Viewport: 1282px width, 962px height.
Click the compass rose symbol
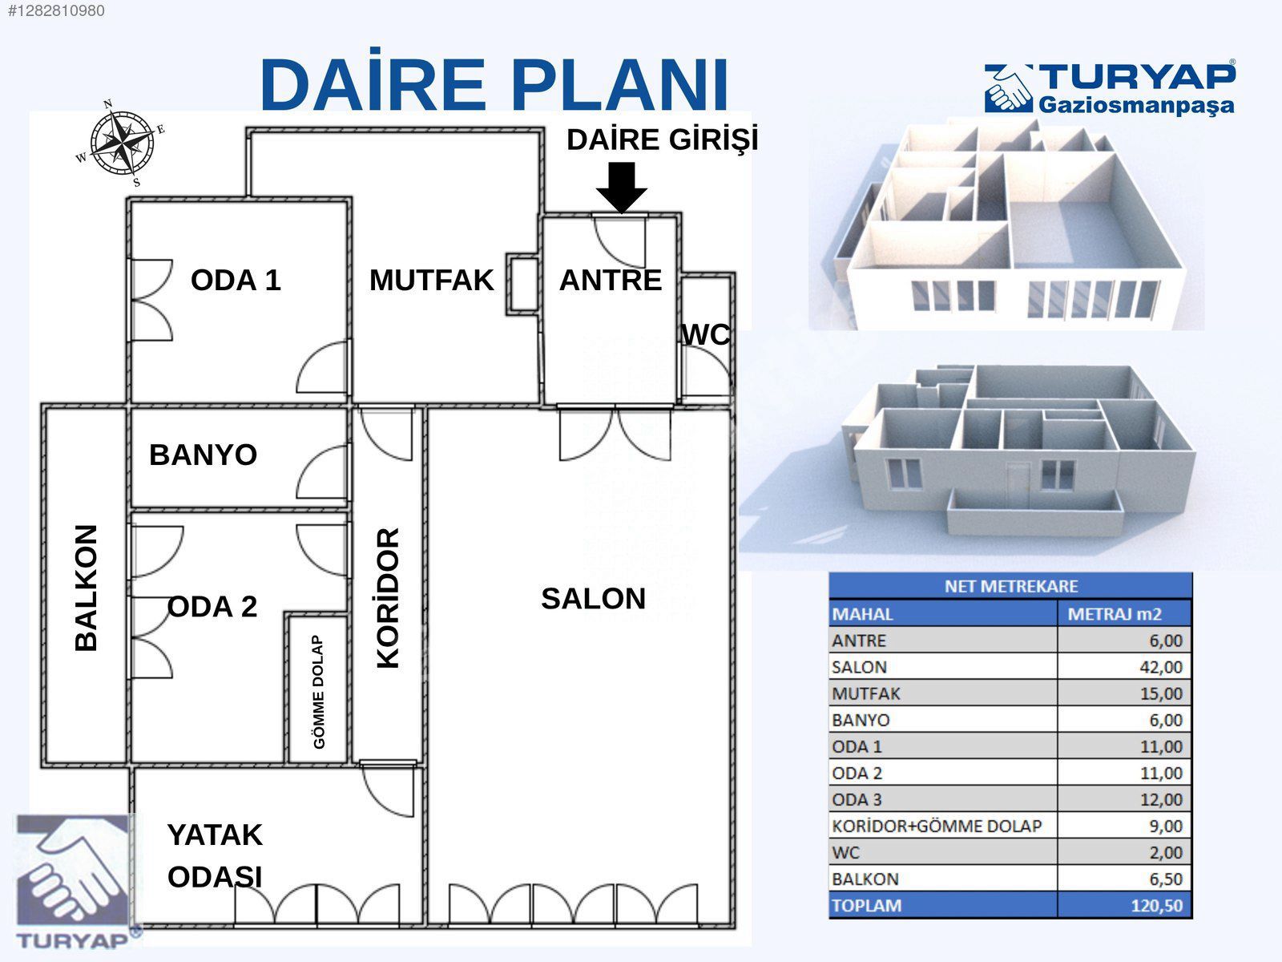(x=121, y=143)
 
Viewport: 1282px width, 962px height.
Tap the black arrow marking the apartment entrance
(x=622, y=187)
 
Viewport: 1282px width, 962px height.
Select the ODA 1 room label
(x=236, y=280)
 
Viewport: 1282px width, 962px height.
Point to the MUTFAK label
(x=431, y=280)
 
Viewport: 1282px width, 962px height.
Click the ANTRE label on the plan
(x=611, y=280)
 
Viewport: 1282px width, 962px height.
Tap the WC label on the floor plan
(x=706, y=334)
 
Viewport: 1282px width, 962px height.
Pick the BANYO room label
(x=203, y=455)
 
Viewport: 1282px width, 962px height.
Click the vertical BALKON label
(x=86, y=588)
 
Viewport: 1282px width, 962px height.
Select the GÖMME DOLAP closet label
(x=319, y=692)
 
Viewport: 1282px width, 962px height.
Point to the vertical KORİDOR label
(x=388, y=597)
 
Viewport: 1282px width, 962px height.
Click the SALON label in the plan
(x=593, y=599)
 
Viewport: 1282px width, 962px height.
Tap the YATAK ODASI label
(x=215, y=855)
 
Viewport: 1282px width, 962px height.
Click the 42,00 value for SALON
(x=1160, y=667)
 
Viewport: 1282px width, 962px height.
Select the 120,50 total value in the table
(x=1156, y=905)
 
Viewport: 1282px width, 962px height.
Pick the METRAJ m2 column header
(x=1115, y=614)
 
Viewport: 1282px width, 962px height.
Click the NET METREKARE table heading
(x=1010, y=586)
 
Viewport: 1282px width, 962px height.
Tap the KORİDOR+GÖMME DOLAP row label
(x=937, y=826)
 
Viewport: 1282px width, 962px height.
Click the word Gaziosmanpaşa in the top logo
(x=1136, y=105)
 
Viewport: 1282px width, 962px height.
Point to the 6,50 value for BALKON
(x=1165, y=879)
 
